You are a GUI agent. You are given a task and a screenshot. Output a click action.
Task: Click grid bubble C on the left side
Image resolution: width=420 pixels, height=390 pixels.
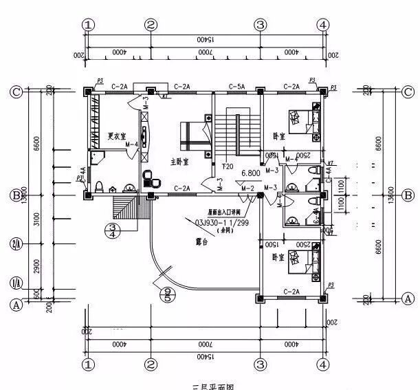[x=14, y=91]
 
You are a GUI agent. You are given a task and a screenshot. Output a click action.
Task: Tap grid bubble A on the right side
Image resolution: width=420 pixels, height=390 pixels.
[x=408, y=298]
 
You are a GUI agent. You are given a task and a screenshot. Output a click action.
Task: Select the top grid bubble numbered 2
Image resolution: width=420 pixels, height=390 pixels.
[x=151, y=25]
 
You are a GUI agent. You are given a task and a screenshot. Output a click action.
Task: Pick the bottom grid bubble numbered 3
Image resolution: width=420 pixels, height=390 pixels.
[x=260, y=362]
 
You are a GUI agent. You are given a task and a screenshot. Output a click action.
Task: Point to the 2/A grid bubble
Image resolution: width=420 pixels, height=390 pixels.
[x=14, y=243]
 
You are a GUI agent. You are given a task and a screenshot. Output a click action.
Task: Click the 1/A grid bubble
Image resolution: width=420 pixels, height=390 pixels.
[x=14, y=283]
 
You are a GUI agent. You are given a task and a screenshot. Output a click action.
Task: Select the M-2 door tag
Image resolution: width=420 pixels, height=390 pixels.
[x=248, y=188]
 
